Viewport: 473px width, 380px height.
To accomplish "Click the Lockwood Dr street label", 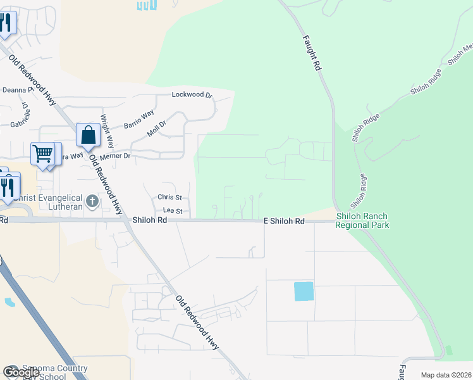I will pyautogui.click(x=192, y=94).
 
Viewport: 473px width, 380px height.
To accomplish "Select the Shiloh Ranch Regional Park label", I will pyautogui.click(x=362, y=220).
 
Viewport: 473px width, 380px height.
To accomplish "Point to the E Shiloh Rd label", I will pyautogui.click(x=284, y=221).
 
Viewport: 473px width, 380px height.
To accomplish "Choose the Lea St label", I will pyautogui.click(x=173, y=211).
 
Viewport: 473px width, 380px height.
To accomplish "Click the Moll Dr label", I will pyautogui.click(x=156, y=129).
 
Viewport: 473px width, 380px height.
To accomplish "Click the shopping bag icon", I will pyautogui.click(x=89, y=136).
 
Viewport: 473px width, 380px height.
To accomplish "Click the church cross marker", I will pyautogui.click(x=93, y=202).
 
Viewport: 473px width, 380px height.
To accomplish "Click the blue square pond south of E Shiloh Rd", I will pyautogui.click(x=304, y=291).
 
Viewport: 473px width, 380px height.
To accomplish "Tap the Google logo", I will pyautogui.click(x=21, y=372).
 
